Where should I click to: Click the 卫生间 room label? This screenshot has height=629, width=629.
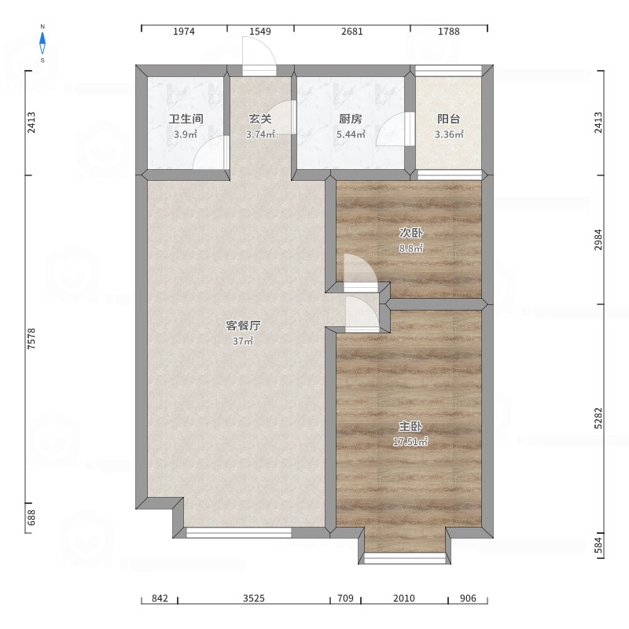click(x=186, y=119)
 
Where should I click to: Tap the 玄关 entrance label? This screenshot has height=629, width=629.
click(x=260, y=119)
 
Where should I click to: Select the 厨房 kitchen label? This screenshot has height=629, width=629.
click(x=351, y=119)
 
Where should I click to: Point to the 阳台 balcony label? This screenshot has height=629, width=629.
click(x=448, y=119)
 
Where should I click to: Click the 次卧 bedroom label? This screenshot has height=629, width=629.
click(x=410, y=233)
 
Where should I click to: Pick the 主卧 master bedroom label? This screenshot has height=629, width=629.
click(x=410, y=426)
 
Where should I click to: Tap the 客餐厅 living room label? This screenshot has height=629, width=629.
click(x=243, y=326)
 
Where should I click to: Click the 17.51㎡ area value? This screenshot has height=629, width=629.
click(x=410, y=442)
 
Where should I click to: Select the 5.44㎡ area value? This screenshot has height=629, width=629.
click(x=351, y=134)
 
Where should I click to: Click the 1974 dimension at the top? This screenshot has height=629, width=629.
click(x=184, y=31)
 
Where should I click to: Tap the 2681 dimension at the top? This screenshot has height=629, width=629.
click(x=351, y=31)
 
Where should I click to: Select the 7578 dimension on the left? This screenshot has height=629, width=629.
click(x=31, y=339)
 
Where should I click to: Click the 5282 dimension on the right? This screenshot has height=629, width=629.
click(x=598, y=418)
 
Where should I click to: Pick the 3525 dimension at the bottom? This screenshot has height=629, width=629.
click(x=253, y=598)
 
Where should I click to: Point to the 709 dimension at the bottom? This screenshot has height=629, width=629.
click(x=345, y=598)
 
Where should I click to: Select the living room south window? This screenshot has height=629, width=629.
click(x=239, y=533)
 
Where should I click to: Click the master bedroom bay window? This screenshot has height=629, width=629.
click(x=405, y=558)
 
